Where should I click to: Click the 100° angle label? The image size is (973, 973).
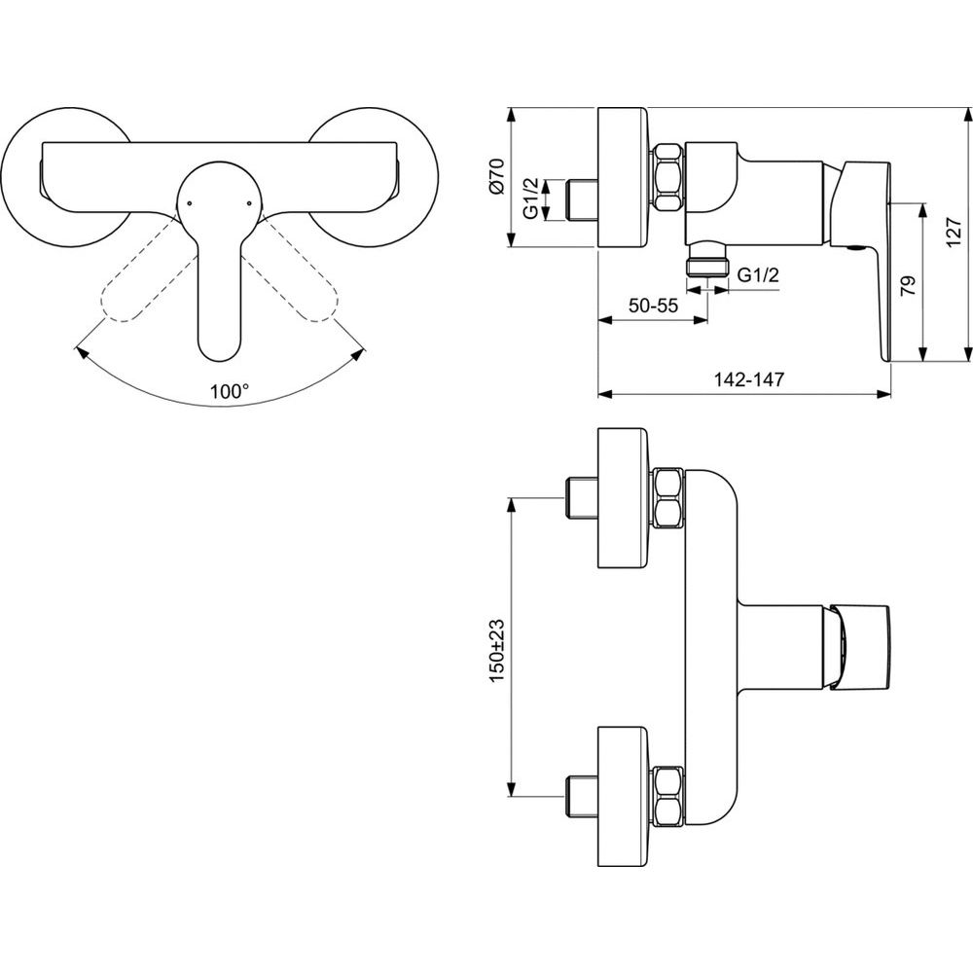pyautogui.click(x=229, y=391)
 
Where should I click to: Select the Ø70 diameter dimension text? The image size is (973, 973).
pyautogui.click(x=498, y=178)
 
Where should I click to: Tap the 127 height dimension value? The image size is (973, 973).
pyautogui.click(x=954, y=233)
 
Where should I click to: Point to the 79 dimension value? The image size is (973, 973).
pyautogui.click(x=907, y=287)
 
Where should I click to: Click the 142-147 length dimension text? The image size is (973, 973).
pyautogui.click(x=748, y=379)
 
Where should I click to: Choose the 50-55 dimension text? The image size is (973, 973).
pyautogui.click(x=654, y=306)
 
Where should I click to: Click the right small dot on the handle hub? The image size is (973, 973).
pyautogui.click(x=249, y=202)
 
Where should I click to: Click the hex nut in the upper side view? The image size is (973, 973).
pyautogui.click(x=668, y=178)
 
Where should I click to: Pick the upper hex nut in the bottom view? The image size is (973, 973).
pyautogui.click(x=668, y=498)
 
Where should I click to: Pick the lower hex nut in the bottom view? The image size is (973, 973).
pyautogui.click(x=668, y=796)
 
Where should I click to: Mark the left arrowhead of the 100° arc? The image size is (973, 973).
pyautogui.click(x=80, y=352)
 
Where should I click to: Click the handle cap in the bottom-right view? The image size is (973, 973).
pyautogui.click(x=859, y=646)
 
